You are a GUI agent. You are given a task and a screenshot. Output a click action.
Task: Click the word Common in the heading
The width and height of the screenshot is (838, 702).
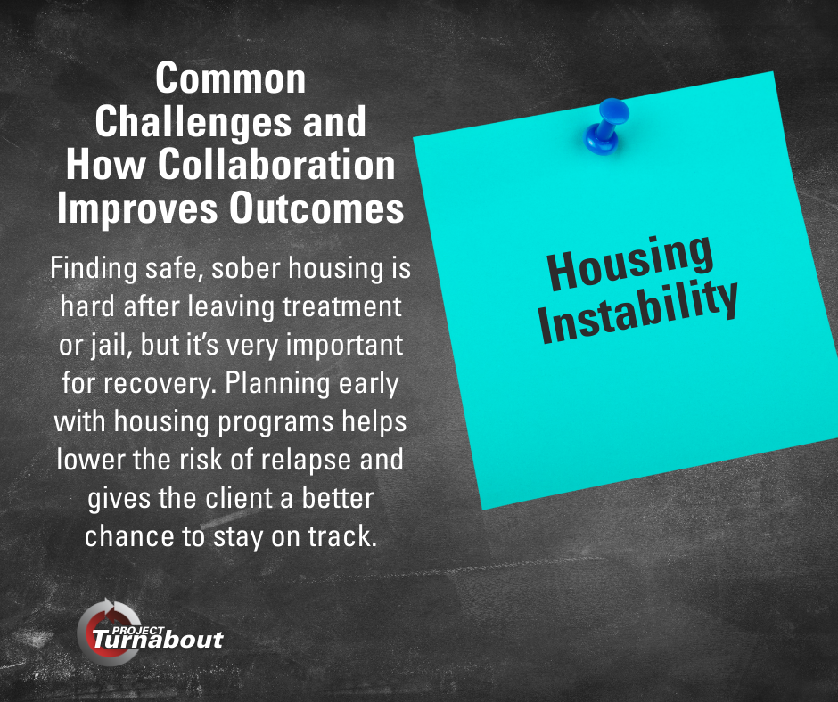tap(230, 78)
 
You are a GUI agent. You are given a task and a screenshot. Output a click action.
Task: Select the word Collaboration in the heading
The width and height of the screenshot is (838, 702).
tap(276, 165)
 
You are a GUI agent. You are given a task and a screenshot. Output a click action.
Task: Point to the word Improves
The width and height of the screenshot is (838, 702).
tap(137, 209)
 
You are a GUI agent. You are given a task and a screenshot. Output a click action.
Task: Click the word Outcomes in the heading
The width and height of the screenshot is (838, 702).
tap(316, 208)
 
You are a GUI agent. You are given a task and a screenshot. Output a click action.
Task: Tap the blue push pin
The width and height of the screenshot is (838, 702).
tap(606, 127)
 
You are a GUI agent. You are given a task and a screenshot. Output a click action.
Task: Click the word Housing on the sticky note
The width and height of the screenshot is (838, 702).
tap(630, 263)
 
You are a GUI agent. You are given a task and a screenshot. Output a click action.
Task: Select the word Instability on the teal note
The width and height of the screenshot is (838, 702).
tap(638, 312)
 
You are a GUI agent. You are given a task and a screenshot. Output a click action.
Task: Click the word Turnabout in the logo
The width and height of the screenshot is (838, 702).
tap(157, 640)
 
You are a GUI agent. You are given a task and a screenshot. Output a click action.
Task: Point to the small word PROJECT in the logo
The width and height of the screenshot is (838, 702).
tap(138, 631)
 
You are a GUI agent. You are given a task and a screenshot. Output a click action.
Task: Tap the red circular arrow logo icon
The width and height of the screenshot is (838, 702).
tap(105, 631)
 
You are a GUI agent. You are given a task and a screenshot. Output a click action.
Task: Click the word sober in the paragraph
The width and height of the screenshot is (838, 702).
tap(246, 267)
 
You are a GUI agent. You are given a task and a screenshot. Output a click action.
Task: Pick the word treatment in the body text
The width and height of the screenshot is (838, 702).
tap(342, 306)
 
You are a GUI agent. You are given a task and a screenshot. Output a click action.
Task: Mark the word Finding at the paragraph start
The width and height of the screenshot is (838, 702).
tap(94, 268)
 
